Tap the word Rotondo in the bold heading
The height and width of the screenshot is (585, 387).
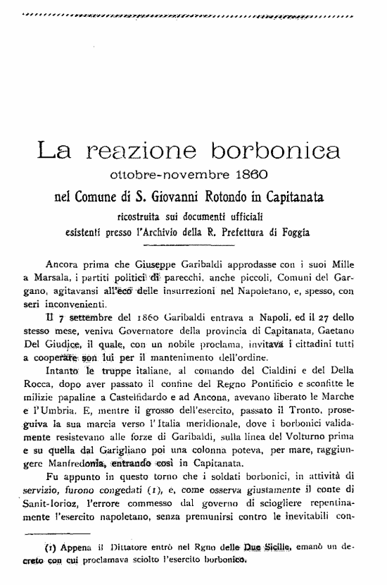click(x=219, y=194)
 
